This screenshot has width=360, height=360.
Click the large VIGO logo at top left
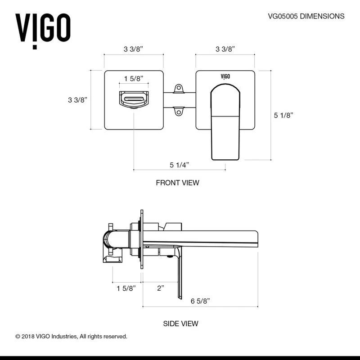(43, 28)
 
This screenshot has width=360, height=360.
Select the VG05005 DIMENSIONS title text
(306, 16)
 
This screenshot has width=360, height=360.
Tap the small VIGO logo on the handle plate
(225, 76)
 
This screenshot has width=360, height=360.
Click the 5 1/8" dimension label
(283, 115)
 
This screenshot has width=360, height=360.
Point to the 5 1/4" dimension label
(179, 165)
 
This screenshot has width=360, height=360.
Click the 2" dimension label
(161, 288)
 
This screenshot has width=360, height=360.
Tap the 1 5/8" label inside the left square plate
(134, 78)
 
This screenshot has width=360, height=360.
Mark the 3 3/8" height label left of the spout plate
(76, 100)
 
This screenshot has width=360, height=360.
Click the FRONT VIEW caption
(177, 183)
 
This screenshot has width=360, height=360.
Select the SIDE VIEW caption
(180, 323)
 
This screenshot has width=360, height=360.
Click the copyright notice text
(72, 336)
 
